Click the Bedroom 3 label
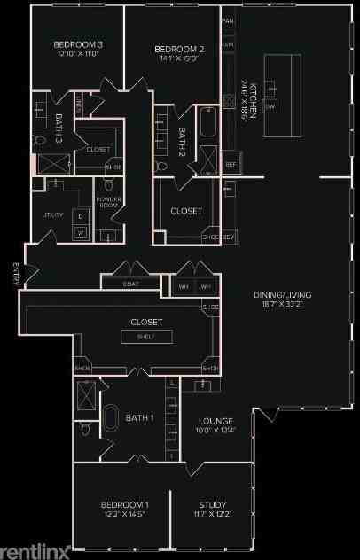pos(78,44)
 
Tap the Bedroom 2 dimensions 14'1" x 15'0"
pos(179,59)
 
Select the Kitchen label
pos(254,101)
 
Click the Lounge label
pos(215,421)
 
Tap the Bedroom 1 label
pos(124,505)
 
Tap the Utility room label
pos(52,215)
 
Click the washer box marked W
pos(81,233)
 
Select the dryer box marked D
pos(81,216)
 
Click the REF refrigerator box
pos(230,165)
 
